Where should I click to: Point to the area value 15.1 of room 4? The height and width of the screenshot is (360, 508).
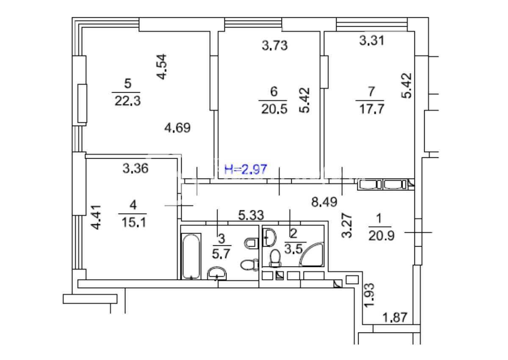[133, 222]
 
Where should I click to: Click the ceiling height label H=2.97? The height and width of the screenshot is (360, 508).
[246, 170]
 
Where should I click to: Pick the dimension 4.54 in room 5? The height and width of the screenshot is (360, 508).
[162, 67]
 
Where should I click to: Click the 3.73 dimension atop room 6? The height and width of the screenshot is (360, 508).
[275, 45]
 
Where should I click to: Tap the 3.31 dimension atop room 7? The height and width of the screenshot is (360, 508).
[372, 41]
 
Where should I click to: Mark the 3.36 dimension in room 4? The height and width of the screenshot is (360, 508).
[135, 169]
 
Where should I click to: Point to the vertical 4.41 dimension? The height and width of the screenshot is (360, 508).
[97, 217]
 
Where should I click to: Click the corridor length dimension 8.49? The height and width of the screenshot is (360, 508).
[324, 203]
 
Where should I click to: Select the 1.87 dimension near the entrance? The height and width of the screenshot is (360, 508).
[395, 317]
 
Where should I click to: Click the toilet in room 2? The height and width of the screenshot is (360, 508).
[275, 257]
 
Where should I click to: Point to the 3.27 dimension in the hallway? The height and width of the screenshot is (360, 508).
[347, 227]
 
